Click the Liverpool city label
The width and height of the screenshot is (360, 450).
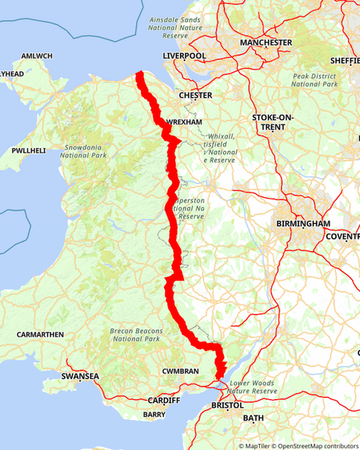coord(184,56)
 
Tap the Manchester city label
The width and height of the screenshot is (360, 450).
coord(266,42)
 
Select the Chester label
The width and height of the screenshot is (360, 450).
coord(196,95)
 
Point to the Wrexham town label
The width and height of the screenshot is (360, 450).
coord(185,123)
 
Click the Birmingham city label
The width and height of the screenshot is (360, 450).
coord(304,223)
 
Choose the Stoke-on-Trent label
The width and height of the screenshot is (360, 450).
coord(273,121)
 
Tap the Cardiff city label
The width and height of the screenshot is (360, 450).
coord(164,400)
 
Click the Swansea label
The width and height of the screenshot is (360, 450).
coord(81,376)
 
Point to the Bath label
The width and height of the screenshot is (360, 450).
coord(254,419)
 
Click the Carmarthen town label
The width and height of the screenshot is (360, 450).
coord(39,334)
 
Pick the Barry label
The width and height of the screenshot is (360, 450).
coord(154,414)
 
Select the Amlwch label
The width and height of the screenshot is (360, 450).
coord(36,56)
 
